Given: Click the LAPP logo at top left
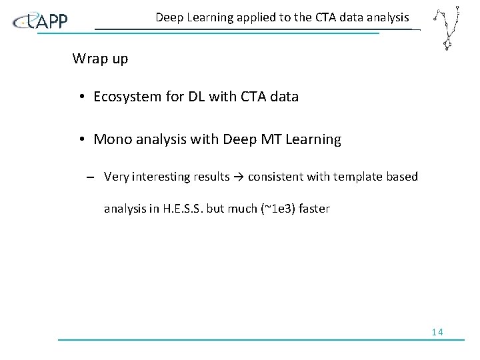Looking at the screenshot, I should click(x=41, y=21).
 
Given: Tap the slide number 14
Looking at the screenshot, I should click(x=437, y=332).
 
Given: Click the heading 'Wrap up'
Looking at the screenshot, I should click(x=100, y=59).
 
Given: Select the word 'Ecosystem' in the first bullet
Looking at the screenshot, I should click(x=125, y=97).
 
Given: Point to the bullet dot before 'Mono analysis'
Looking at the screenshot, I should click(x=79, y=140).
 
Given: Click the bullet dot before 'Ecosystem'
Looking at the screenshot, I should click(x=79, y=97).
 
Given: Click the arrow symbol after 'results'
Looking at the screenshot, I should click(x=237, y=177).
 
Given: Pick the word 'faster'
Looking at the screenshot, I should click(x=313, y=209).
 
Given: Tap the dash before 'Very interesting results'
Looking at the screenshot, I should click(x=89, y=177).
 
